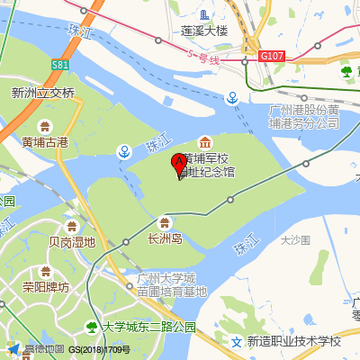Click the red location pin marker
(x=179, y=164)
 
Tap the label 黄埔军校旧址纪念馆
(x=210, y=162)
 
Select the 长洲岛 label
(x=165, y=238)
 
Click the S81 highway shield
(x=60, y=66)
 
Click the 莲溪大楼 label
(x=205, y=30)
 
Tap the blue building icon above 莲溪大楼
(x=205, y=13)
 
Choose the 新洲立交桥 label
(x=42, y=92)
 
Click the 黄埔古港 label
(x=45, y=141)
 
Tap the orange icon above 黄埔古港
(x=45, y=126)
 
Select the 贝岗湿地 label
(x=72, y=241)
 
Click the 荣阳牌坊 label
(x=46, y=287)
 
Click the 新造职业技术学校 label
(x=294, y=341)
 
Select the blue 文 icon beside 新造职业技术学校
(x=236, y=341)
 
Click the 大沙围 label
(x=294, y=239)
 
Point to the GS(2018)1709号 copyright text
(x=100, y=349)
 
